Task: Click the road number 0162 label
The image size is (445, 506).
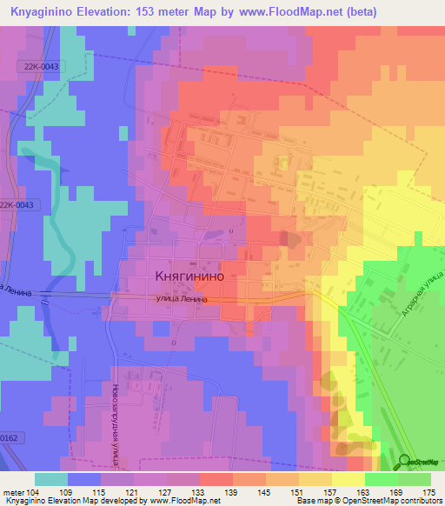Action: pyautogui.click(x=9, y=438)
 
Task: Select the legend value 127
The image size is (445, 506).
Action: pyautogui.click(x=173, y=491)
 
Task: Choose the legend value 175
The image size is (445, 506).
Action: pyautogui.click(x=428, y=491)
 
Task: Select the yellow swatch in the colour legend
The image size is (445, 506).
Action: pyautogui.click(x=348, y=479)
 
